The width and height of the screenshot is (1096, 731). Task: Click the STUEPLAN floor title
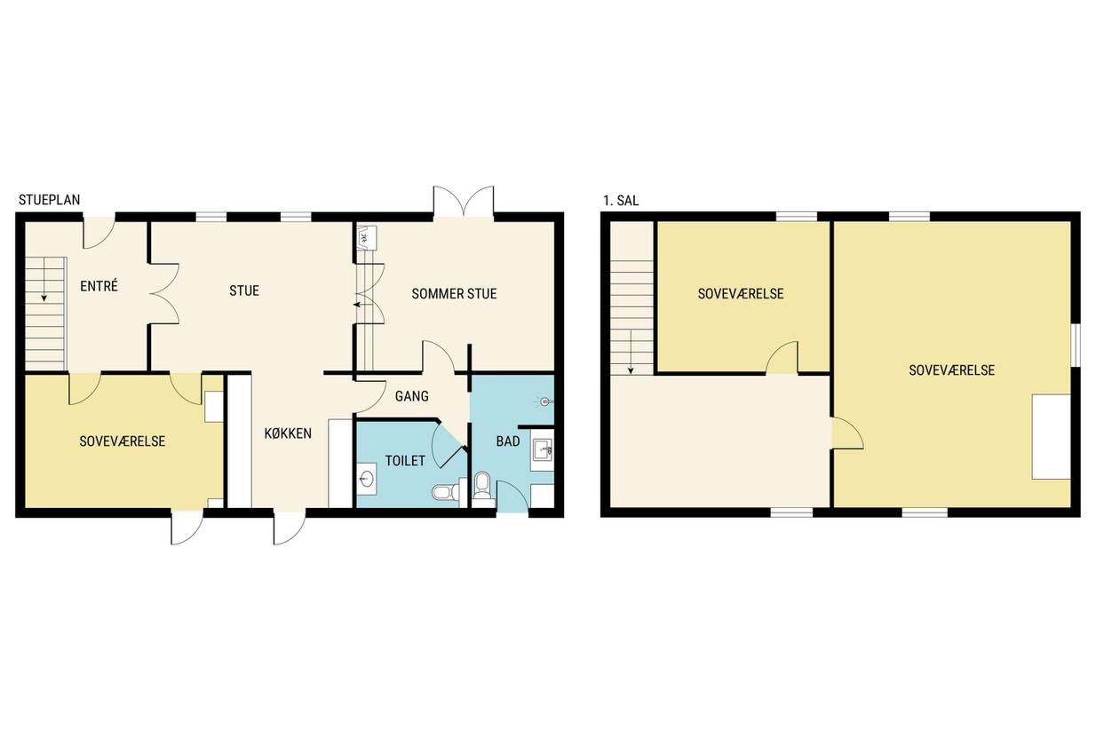tap(50, 200)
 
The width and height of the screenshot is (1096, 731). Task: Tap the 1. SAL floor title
tap(621, 201)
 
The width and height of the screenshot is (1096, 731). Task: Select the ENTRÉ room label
tap(99, 286)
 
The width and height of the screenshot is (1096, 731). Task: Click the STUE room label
tap(244, 290)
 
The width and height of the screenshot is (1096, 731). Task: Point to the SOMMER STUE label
tap(454, 294)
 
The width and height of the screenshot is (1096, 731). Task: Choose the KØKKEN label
tap(288, 433)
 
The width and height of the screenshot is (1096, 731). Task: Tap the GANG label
tap(412, 396)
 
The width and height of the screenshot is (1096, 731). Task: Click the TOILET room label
tap(405, 460)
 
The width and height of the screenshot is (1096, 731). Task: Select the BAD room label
tap(508, 441)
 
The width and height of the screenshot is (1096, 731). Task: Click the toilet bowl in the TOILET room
tap(446, 492)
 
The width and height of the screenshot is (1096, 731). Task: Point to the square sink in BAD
tap(542, 449)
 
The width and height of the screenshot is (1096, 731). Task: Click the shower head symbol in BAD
tap(544, 401)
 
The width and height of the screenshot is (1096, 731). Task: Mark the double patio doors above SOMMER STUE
tap(464, 202)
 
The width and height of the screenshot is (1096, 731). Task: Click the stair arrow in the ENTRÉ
tap(44, 280)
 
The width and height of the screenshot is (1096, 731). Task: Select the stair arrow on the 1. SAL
tap(631, 353)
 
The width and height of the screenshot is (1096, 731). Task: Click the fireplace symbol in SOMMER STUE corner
tap(365, 238)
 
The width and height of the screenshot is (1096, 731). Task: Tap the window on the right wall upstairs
tap(1075, 345)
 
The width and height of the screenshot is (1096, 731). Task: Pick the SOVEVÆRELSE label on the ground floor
tap(123, 441)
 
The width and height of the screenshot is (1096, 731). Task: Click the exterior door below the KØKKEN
tap(290, 527)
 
